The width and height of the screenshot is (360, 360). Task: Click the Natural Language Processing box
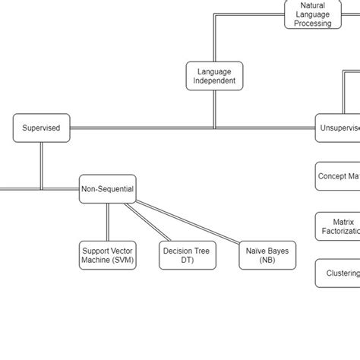coord(312,14)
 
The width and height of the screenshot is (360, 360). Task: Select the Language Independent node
coord(214,76)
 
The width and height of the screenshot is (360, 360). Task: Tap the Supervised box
coord(41,128)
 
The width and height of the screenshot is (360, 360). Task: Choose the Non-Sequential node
coord(107,189)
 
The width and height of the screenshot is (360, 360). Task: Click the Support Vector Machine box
coord(107,255)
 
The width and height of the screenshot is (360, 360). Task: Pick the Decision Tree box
coord(187,255)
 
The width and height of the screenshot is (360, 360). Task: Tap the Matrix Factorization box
coord(338,226)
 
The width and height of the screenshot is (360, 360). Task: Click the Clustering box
coord(338,273)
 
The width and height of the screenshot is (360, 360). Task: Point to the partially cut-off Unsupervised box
coord(338,128)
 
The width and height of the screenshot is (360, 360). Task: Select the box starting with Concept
coord(338,176)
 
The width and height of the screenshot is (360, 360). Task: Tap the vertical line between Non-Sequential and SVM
coord(107,223)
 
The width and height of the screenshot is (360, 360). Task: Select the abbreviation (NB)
coord(267,261)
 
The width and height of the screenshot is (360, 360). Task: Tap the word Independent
coord(214,81)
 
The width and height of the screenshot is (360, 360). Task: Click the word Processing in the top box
coord(312,24)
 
